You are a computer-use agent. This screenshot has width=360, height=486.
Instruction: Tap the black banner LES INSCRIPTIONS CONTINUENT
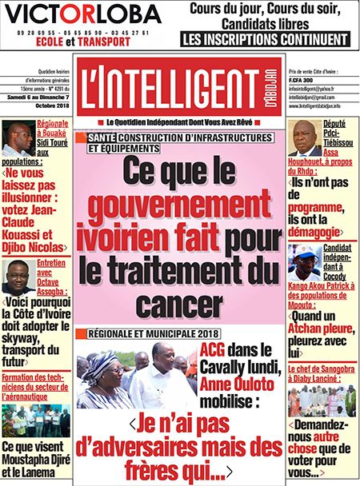pyautogui.click(x=268, y=38)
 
